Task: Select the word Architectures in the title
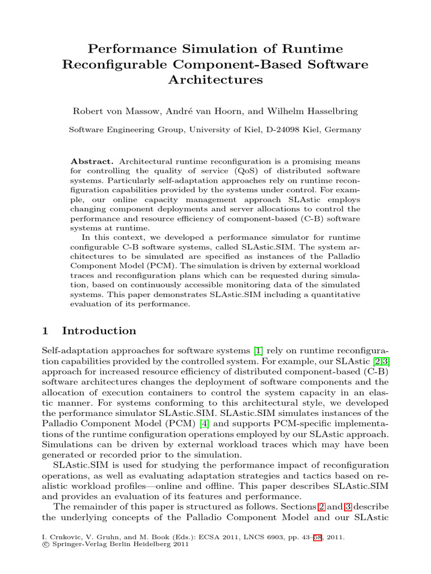215,80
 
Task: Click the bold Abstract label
97,160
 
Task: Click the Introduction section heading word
99,331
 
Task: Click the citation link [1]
258,351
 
